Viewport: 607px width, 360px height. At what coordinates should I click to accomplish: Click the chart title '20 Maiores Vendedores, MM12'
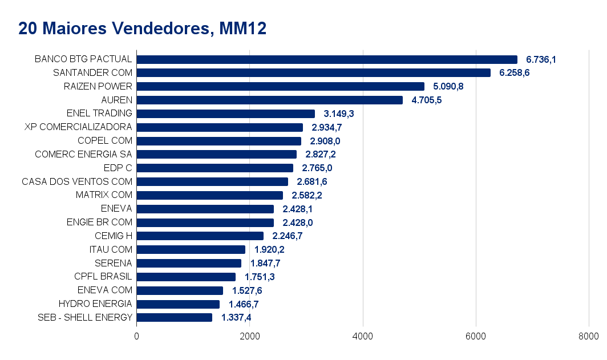pyautogui.click(x=142, y=29)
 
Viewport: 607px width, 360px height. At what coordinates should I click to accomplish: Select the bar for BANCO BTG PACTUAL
pyautogui.click(x=327, y=59)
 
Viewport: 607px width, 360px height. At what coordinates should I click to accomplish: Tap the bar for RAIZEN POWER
pyautogui.click(x=281, y=86)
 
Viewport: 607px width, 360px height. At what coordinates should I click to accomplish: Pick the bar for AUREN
pyautogui.click(x=270, y=100)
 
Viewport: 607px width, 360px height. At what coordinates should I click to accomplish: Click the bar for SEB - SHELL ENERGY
pyautogui.click(x=175, y=318)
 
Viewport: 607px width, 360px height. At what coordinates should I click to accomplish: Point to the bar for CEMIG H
pyautogui.click(x=200, y=236)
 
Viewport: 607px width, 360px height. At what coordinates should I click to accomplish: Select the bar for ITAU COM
pyautogui.click(x=191, y=249)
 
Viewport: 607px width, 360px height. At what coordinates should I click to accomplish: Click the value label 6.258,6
pyautogui.click(x=515, y=73)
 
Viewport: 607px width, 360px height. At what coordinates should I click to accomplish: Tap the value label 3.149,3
pyautogui.click(x=339, y=114)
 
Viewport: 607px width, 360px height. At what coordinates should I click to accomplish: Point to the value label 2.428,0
pyautogui.click(x=298, y=223)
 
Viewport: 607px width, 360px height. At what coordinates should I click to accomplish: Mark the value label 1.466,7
pyautogui.click(x=244, y=304)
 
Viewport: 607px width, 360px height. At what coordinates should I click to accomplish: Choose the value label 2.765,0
pyautogui.click(x=317, y=168)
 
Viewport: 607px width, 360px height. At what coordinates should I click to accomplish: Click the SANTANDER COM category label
pyautogui.click(x=92, y=72)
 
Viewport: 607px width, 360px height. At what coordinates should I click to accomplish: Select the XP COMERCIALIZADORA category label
pyautogui.click(x=78, y=127)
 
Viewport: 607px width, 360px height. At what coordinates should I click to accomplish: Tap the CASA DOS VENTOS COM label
pyautogui.click(x=77, y=181)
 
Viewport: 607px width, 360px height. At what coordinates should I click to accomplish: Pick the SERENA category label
pyautogui.click(x=114, y=263)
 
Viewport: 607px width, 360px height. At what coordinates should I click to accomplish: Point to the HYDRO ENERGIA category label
pyautogui.click(x=95, y=304)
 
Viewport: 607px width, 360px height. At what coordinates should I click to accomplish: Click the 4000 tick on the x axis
pyautogui.click(x=363, y=336)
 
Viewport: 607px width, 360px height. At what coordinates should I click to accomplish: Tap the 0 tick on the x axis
pyautogui.click(x=137, y=336)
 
